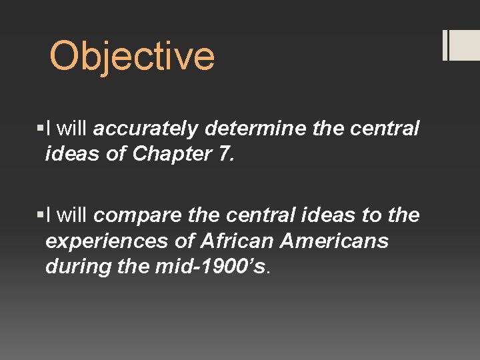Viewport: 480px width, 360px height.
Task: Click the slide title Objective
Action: pos(132,56)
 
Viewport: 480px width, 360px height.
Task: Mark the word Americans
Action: pos(334,241)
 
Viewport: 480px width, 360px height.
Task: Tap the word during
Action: pos(73,266)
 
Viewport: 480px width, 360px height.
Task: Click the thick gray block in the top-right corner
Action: pos(465,45)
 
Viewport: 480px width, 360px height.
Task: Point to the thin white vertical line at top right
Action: pos(445,45)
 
